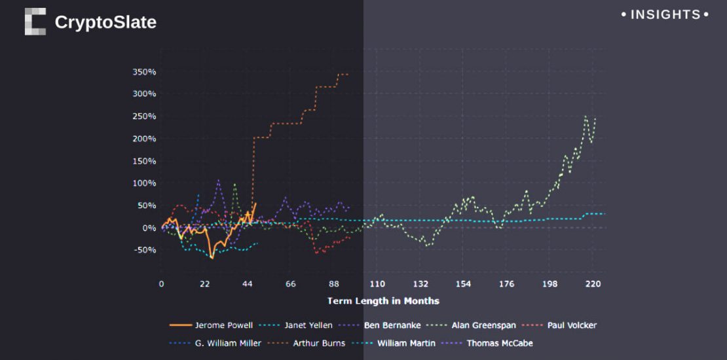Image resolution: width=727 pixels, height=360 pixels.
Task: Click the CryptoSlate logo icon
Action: (x=35, y=22)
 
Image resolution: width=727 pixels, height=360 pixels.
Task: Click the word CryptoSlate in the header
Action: (x=105, y=22)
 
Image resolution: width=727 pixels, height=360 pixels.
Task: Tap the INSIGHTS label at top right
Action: (x=665, y=14)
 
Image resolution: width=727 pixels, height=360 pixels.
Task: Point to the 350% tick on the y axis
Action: (x=144, y=72)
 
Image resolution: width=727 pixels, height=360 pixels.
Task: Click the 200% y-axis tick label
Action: (x=144, y=139)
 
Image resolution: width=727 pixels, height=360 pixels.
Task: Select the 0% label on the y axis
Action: (x=149, y=228)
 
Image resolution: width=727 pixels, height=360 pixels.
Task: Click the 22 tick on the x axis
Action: (x=204, y=283)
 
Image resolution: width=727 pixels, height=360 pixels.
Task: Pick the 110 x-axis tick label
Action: (x=377, y=283)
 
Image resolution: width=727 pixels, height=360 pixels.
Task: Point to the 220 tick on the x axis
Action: (x=593, y=283)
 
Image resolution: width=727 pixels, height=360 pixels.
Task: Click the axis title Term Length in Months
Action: (x=383, y=301)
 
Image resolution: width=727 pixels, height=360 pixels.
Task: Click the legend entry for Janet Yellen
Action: (x=308, y=325)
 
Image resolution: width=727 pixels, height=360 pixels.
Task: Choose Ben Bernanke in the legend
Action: (x=391, y=325)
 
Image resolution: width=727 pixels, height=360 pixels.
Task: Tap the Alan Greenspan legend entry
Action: (x=483, y=325)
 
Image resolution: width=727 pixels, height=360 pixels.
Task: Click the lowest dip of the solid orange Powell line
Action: (x=212, y=258)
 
